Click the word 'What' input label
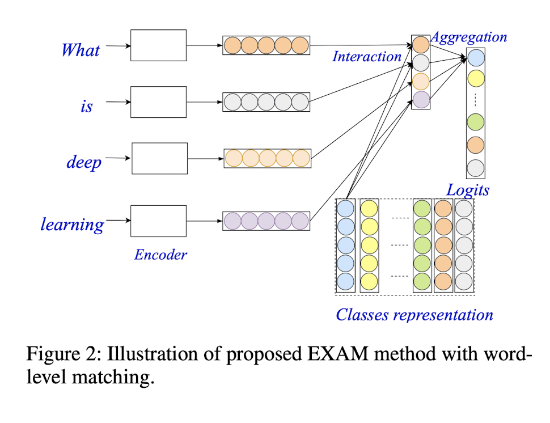(81, 50)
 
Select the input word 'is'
(86, 106)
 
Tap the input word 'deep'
(84, 162)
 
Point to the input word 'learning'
(73, 225)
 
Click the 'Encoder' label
(160, 255)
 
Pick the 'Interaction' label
(367, 57)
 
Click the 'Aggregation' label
(469, 37)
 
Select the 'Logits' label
(468, 190)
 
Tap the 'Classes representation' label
(414, 315)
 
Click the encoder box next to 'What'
(158, 45)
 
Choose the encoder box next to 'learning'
(158, 221)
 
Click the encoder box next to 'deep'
(159, 158)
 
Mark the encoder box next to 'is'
(158, 102)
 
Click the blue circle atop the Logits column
(476, 58)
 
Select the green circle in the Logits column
(476, 122)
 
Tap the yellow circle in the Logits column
(476, 78)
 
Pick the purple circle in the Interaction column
(421, 100)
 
